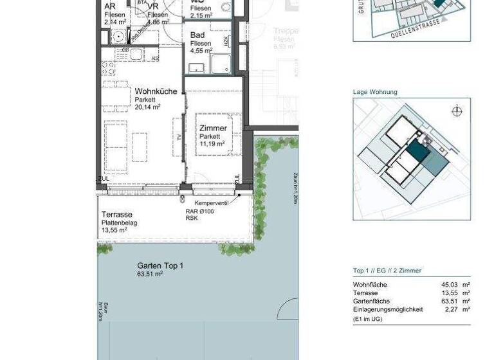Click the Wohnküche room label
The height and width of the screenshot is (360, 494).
156,91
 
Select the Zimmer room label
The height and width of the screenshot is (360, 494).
213,129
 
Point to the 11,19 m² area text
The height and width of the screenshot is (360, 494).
212,144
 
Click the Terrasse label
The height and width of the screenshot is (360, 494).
116,215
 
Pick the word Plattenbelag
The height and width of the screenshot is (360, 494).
119,223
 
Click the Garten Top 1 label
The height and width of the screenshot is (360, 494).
160,265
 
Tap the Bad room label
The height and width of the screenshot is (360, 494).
197,36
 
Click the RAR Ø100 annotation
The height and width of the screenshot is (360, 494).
199,211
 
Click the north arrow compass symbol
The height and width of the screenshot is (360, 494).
457,111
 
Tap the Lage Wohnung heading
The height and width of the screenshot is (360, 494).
375,92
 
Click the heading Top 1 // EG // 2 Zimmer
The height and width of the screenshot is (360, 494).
387,271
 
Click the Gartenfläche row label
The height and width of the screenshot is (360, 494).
371,301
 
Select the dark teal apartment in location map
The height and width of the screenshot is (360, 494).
417,152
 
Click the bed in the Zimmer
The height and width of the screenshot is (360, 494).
219,135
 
